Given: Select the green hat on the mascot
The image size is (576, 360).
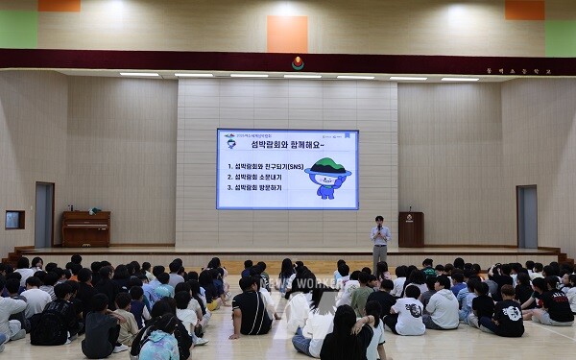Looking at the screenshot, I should [x=327, y=166].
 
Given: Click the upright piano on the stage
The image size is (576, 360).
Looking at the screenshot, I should [x=86, y=229].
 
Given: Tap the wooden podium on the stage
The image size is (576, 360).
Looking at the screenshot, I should [x=411, y=230].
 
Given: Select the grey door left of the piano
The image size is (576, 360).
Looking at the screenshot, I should [x=44, y=215].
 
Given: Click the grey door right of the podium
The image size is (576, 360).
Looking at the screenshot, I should [x=526, y=217].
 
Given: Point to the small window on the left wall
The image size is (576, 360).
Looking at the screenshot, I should [x=14, y=219].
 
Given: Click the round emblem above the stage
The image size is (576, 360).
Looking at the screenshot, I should [x=298, y=63].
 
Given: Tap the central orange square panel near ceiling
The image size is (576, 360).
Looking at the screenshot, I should [x=287, y=34].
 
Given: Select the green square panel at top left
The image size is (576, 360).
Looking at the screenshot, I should [x=18, y=30].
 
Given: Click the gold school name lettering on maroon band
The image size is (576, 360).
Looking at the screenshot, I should [x=507, y=70].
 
